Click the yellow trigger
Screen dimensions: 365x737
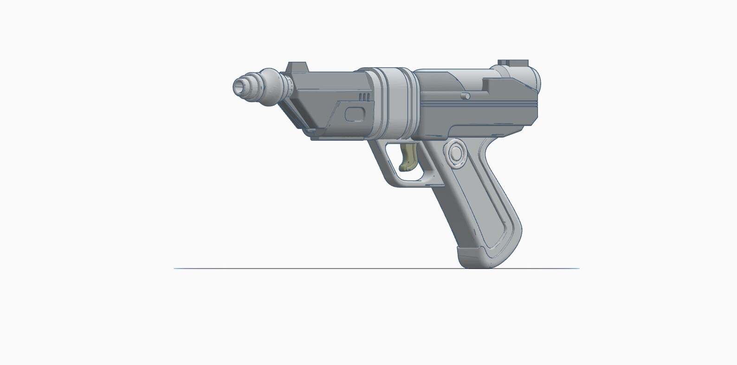click(x=408, y=157)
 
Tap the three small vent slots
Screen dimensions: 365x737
click(x=365, y=96)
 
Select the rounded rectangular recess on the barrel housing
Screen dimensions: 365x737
click(x=355, y=113)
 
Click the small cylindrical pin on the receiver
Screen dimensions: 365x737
click(x=466, y=96)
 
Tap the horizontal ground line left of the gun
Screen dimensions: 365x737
click(x=278, y=268)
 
